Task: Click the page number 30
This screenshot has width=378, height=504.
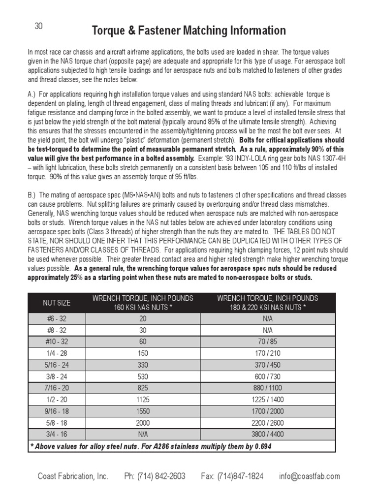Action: point(39,27)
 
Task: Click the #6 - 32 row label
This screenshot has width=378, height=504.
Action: point(57,319)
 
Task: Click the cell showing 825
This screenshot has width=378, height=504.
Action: point(143,387)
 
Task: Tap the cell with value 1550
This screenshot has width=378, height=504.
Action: point(143,411)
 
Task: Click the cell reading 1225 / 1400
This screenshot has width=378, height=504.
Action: point(268,400)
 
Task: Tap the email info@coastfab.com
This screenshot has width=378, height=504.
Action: point(309,476)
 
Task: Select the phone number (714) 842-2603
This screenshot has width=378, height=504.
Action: point(155,476)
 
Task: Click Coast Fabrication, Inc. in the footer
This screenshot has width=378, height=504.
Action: point(73,476)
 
